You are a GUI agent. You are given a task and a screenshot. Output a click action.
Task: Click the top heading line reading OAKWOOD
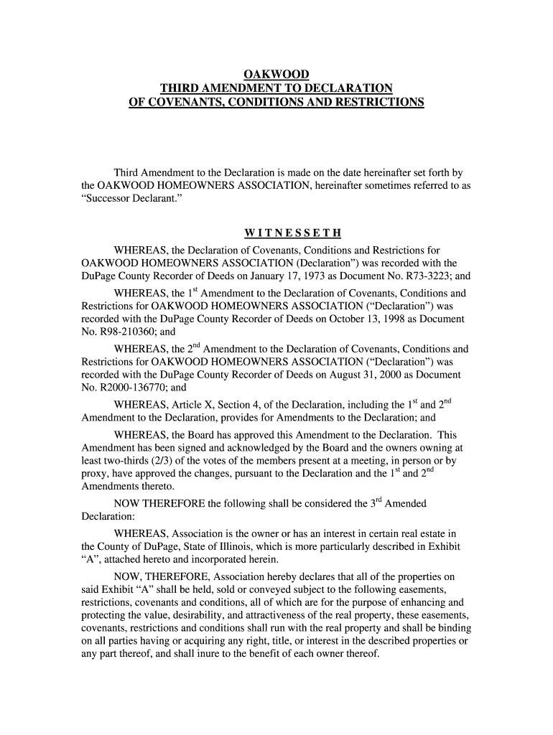(276, 74)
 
